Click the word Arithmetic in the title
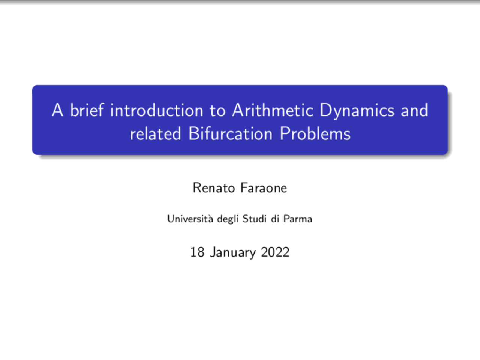273,110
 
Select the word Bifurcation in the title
230,134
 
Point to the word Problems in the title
315,134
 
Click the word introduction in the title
157,110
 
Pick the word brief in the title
87,110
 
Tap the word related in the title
155,134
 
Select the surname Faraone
264,188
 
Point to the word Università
190,219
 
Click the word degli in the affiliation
228,219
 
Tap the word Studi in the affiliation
254,219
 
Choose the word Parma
298,219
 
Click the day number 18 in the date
197,252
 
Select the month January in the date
233,252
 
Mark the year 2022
275,252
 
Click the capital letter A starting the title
57,110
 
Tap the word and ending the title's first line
414,110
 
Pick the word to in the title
217,111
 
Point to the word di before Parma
275,219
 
